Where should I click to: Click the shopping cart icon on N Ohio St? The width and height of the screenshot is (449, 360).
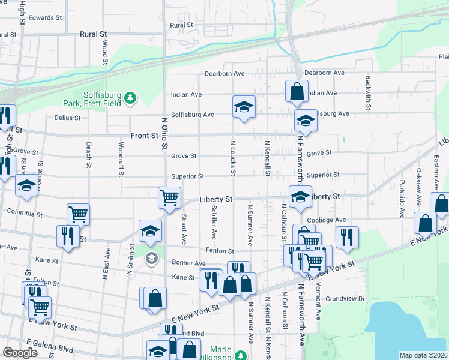(x=170, y=197)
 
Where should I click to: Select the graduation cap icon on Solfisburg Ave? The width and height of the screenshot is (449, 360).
(x=244, y=107)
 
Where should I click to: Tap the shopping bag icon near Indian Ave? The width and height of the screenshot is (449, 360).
(x=297, y=92)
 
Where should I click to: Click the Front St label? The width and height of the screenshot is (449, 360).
(x=145, y=136)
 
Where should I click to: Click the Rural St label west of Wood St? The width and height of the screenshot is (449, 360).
(x=92, y=34)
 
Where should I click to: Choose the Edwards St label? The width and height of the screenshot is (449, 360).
(x=45, y=18)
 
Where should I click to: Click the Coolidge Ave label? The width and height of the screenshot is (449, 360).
(x=329, y=220)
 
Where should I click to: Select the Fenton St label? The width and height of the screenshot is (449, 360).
(x=219, y=251)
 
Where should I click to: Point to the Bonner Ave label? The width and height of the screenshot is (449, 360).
(x=188, y=263)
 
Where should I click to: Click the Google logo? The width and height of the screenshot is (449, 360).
(x=20, y=353)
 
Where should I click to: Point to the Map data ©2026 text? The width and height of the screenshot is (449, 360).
(x=423, y=355)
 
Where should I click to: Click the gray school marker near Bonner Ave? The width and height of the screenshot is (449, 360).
(x=151, y=259)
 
